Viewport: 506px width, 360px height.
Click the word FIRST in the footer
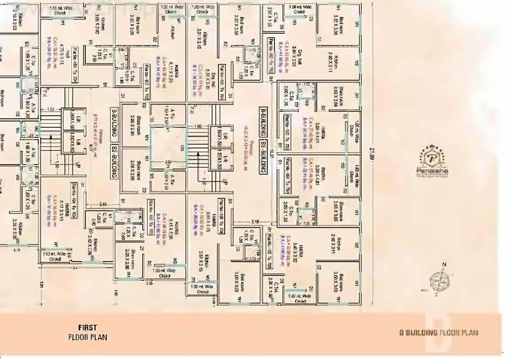tap(88, 328)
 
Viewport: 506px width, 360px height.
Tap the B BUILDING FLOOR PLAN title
tap(438, 333)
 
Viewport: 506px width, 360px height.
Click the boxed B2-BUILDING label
tap(114, 161)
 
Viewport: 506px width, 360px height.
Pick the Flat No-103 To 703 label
tap(287, 132)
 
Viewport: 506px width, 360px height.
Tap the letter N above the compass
tap(444, 265)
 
